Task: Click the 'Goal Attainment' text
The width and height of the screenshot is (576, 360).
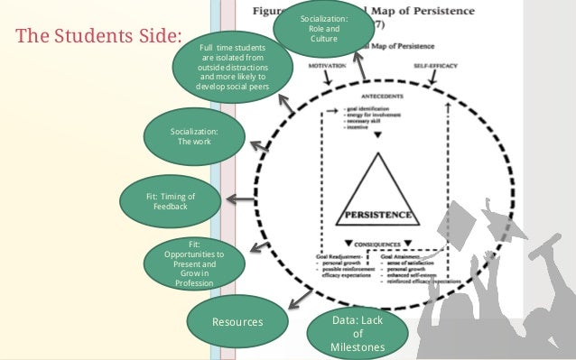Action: point(419,256)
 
